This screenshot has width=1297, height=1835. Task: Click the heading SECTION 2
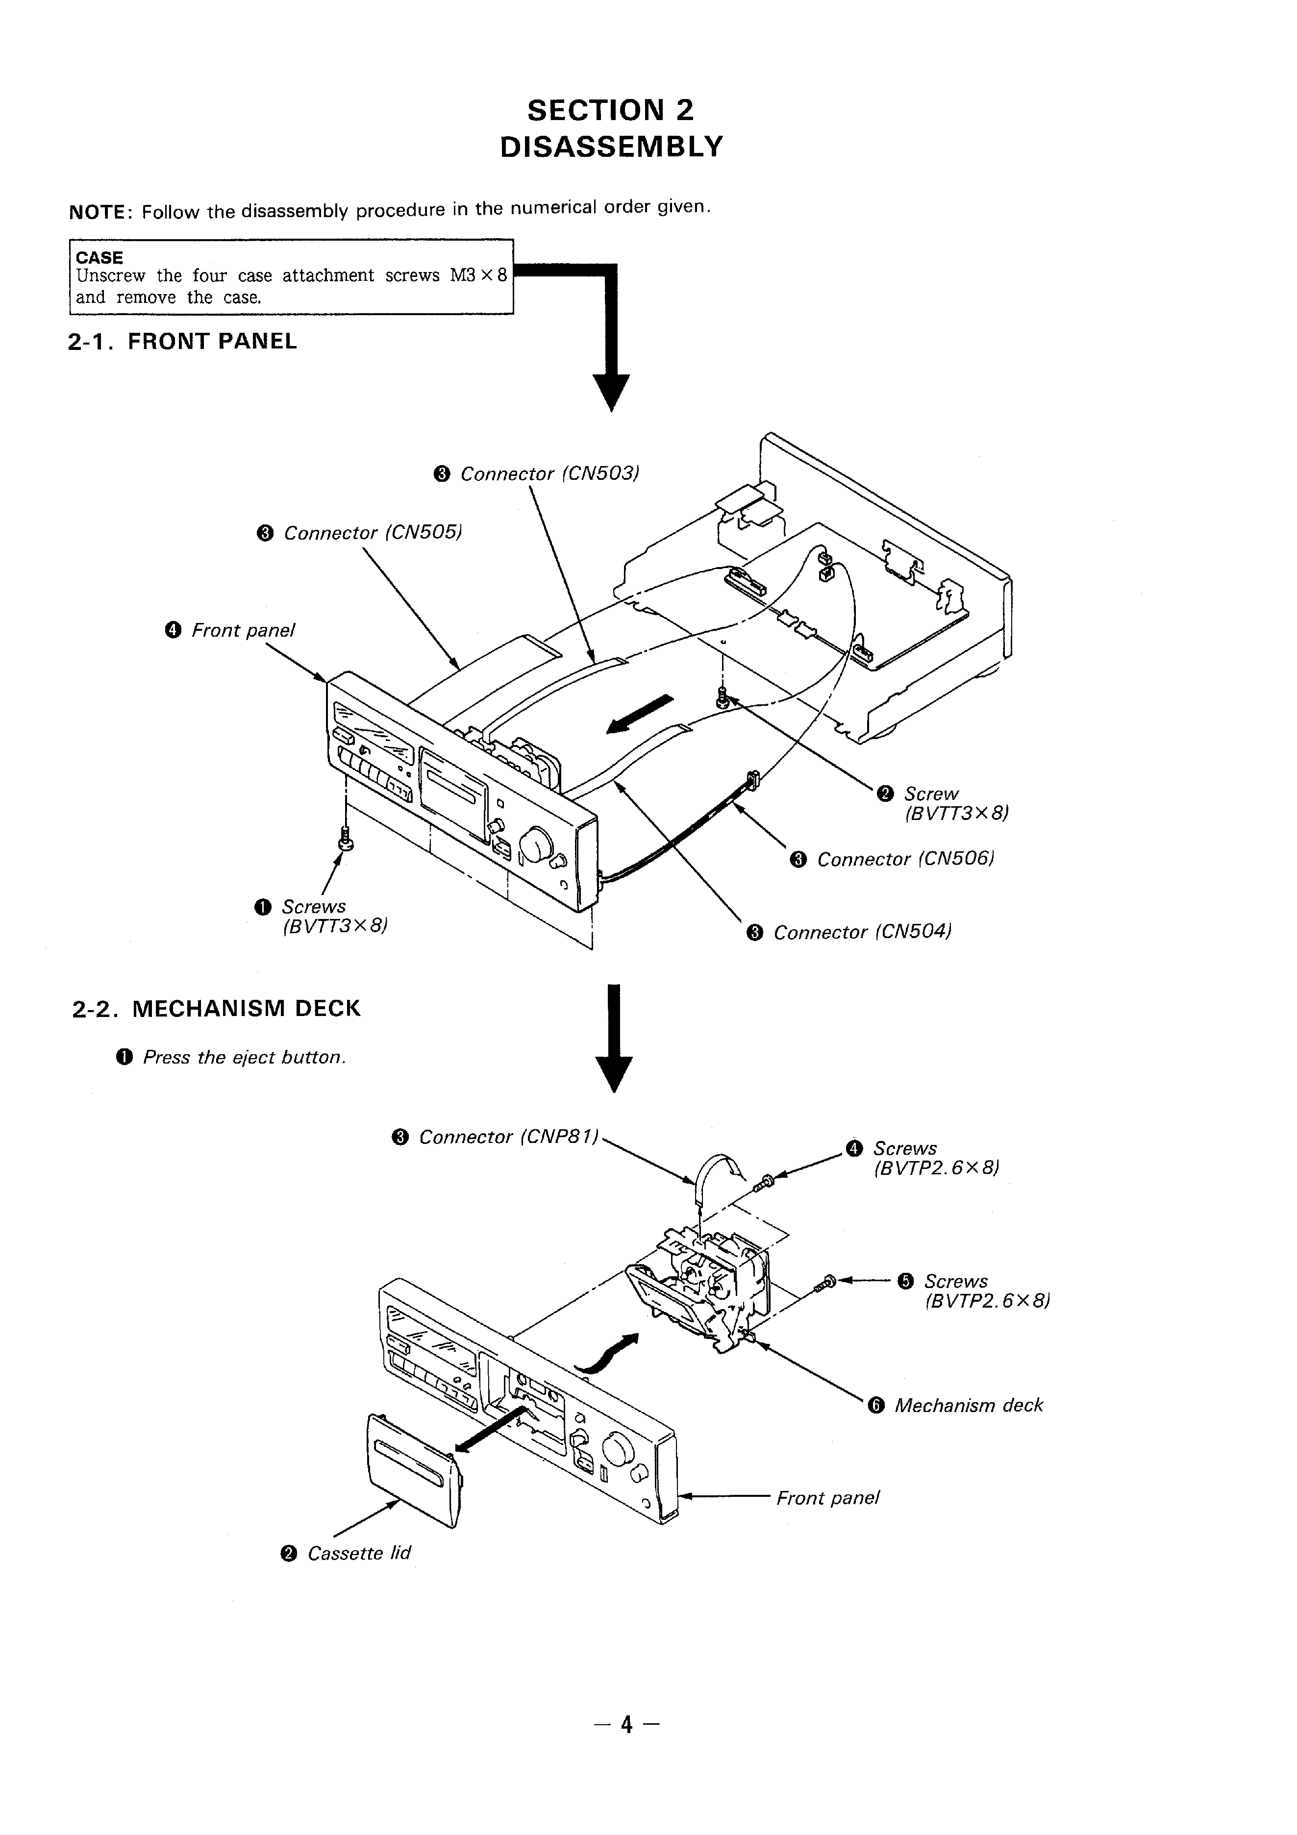click(x=611, y=109)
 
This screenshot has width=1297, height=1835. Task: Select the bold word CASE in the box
click(x=99, y=257)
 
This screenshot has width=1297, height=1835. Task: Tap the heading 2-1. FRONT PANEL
click(x=182, y=341)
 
